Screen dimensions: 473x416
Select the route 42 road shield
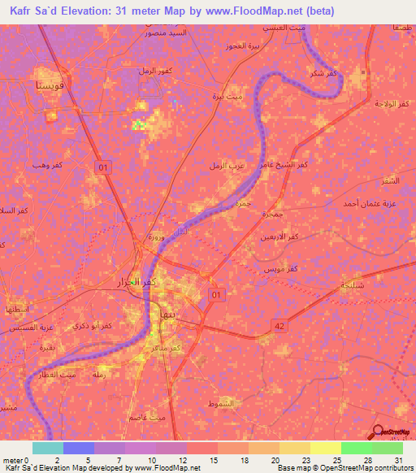(x=279, y=325)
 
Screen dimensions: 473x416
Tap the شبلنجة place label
(x=354, y=287)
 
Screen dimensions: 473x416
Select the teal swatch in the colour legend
(x=47, y=448)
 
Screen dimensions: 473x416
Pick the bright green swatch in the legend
(x=356, y=448)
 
